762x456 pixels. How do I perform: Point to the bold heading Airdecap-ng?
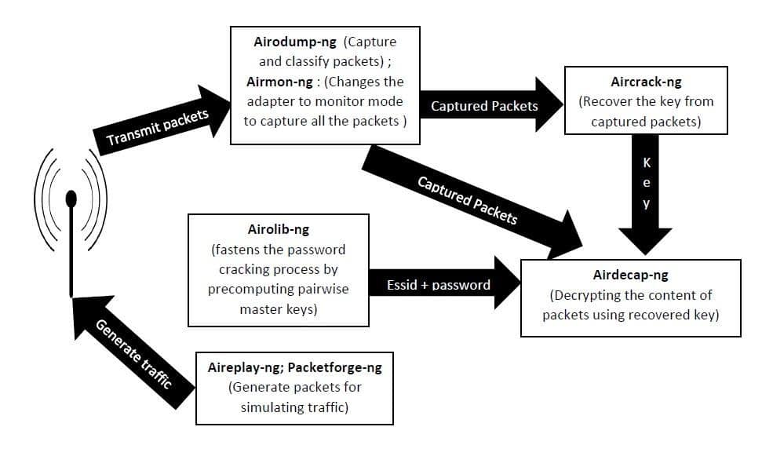[x=630, y=275]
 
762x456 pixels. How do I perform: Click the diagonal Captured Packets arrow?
[x=471, y=202]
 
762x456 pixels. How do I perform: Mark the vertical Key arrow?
[x=646, y=196]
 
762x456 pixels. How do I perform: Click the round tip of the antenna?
[x=71, y=198]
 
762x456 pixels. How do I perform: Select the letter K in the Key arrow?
[x=646, y=164]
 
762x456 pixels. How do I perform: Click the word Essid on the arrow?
[x=403, y=284]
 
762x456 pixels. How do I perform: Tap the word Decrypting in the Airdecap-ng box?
[x=590, y=296]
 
